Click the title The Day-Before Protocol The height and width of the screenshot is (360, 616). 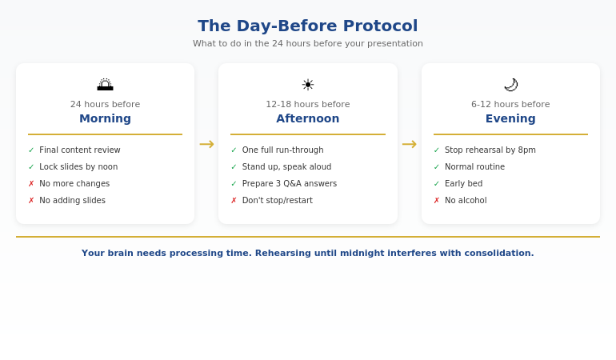click(307, 26)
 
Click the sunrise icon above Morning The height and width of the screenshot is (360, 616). click(105, 85)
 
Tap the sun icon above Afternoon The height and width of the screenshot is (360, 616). click(308, 85)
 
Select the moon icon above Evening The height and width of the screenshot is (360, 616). click(510, 85)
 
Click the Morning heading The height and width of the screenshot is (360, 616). click(105, 118)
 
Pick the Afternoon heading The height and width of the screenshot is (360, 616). click(308, 118)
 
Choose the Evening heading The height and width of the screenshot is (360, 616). click(510, 118)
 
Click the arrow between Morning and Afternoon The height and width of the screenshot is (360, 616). click(206, 144)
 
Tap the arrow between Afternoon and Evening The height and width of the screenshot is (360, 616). click(409, 144)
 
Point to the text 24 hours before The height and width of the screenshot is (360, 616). click(105, 104)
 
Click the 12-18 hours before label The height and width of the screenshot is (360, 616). click(308, 104)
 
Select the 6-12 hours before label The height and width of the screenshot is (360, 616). click(510, 104)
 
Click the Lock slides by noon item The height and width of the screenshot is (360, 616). click(78, 166)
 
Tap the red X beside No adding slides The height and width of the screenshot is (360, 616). click(31, 200)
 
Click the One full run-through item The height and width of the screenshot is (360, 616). click(282, 150)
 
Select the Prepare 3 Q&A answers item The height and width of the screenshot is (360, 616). click(289, 183)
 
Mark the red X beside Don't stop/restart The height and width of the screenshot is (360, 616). click(234, 200)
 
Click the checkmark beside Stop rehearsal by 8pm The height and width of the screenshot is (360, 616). click(437, 150)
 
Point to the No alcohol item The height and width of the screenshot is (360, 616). click(466, 200)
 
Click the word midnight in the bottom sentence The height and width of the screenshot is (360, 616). click(361, 253)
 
